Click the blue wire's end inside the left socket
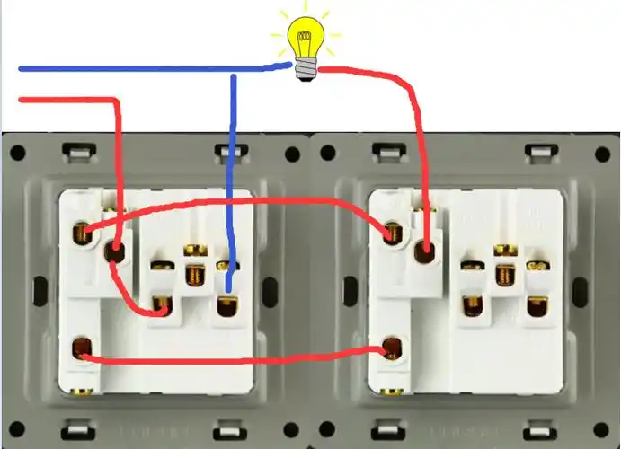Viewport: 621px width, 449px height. click(x=228, y=289)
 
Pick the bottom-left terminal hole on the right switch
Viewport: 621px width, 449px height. click(x=391, y=347)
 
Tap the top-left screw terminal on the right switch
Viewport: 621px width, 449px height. click(x=392, y=232)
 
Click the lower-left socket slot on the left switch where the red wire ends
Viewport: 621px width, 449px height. click(x=162, y=307)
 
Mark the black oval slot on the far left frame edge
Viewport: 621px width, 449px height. click(x=40, y=290)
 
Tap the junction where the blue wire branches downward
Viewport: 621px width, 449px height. click(x=234, y=68)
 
